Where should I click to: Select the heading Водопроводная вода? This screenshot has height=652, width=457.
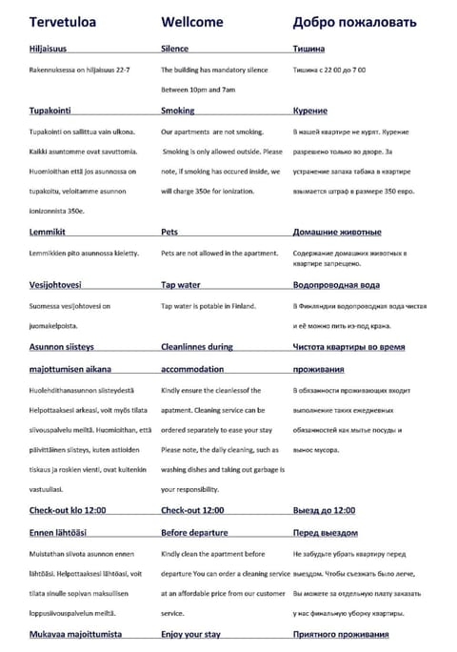pyautogui.click(x=337, y=285)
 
